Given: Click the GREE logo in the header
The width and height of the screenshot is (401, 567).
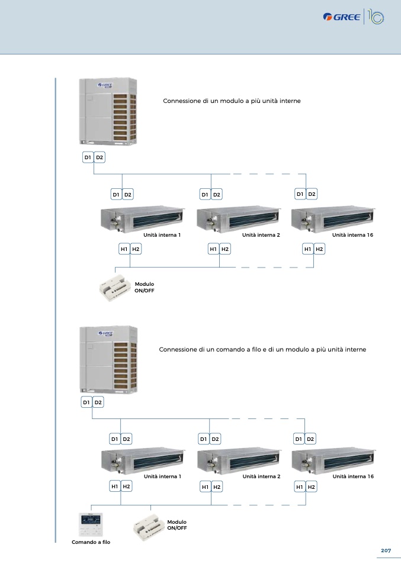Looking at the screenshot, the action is tap(342, 17).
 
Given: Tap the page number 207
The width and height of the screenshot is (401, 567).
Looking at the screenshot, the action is tap(386, 550).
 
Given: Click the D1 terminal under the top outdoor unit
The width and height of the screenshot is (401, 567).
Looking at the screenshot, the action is tap(88, 157).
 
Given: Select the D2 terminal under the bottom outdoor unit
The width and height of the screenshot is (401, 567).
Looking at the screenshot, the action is tap(98, 402).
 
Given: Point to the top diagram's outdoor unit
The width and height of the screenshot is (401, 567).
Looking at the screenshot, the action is tap(108, 111).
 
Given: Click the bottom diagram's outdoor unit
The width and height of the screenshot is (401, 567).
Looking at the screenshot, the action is tap(108, 359).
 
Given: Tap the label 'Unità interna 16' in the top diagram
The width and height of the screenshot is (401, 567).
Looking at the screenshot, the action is tap(352, 235).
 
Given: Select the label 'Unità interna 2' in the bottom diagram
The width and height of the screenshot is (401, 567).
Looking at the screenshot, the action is tap(261, 476).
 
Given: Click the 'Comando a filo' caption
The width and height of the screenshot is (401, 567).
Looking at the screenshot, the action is tap(91, 542).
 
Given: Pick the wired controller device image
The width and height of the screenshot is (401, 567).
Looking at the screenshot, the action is tap(91, 524).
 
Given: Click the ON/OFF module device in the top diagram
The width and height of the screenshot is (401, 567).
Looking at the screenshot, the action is tap(115, 288).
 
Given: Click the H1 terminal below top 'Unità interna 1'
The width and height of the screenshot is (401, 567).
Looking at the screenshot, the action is tap(124, 249).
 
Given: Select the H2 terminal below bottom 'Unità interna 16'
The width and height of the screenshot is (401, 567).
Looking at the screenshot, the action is tap(311, 487).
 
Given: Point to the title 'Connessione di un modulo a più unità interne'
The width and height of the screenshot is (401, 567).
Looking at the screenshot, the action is tap(232, 101).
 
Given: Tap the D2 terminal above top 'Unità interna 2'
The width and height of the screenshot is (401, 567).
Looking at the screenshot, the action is tap(216, 194).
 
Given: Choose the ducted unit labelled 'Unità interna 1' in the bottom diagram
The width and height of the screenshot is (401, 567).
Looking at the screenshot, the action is tap(143, 460).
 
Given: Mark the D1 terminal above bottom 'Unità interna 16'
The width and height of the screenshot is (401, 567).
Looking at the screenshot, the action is tap(299, 439).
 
